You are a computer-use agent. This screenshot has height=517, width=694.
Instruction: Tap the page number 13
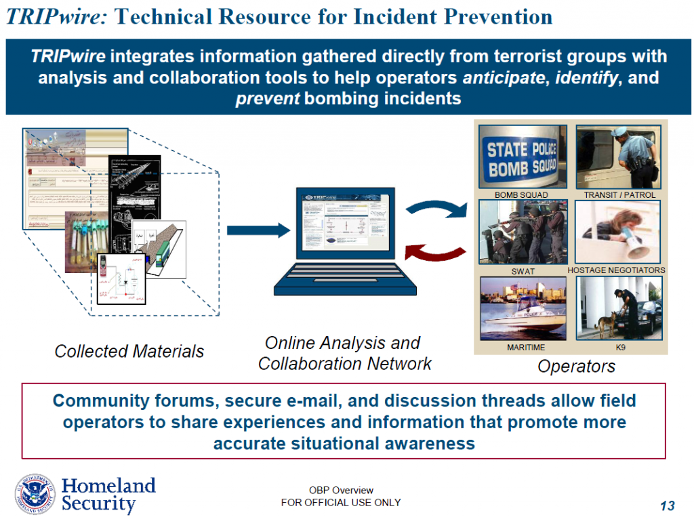tap(667, 505)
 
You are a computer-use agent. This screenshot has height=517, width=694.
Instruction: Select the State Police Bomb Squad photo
tap(521, 157)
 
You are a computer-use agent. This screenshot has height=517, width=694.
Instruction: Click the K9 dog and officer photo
tap(619, 308)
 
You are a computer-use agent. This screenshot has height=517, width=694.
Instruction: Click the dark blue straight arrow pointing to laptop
tap(258, 231)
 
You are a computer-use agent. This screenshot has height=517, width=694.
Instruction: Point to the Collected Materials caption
tap(129, 351)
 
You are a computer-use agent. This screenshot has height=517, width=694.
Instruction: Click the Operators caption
tap(576, 367)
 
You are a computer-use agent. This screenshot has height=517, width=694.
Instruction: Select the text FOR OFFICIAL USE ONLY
tap(341, 502)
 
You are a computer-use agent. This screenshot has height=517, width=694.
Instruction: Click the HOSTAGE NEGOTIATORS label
tap(616, 270)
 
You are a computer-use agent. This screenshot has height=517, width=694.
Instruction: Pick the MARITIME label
tap(526, 348)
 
